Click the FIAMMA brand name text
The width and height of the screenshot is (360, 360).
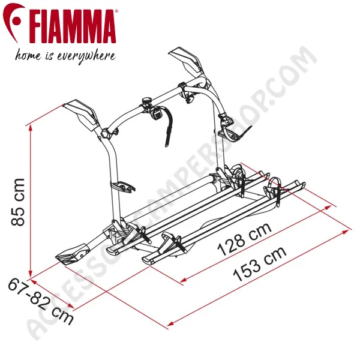(x=73, y=26)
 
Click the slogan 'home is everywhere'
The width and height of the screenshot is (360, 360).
(x=65, y=56)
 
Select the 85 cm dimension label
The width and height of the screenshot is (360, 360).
(x=17, y=202)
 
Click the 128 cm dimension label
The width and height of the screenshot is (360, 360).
(x=245, y=239)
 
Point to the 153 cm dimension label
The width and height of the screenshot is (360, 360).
(x=260, y=264)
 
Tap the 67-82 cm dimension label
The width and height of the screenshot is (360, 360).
(x=41, y=301)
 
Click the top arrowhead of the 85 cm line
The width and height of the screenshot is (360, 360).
(x=30, y=128)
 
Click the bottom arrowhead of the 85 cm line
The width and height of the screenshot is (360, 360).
(x=30, y=274)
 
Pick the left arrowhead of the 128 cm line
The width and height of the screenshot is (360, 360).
(x=184, y=280)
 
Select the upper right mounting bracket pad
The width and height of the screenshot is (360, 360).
(x=186, y=59)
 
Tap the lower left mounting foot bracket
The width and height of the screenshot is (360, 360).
(x=73, y=254)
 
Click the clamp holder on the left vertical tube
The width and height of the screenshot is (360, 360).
(x=123, y=185)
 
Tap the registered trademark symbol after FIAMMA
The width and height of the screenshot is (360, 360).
(x=116, y=11)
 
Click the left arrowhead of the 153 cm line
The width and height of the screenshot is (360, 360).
(x=170, y=324)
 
